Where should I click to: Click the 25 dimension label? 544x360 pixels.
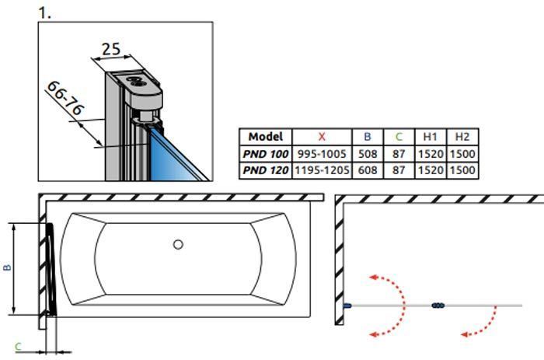tap(111, 49)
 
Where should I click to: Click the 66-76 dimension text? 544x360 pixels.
tap(65, 98)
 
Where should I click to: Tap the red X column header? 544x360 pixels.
tap(322, 136)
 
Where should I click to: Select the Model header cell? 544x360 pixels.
tap(266, 136)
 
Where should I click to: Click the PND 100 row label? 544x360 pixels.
tap(266, 153)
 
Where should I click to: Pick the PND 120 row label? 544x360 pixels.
tap(266, 170)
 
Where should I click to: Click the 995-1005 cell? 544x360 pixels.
tap(322, 153)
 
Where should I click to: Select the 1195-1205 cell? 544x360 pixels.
tap(322, 170)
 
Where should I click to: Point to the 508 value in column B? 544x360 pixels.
tap(368, 153)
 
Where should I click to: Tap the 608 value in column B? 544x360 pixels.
tap(368, 170)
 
